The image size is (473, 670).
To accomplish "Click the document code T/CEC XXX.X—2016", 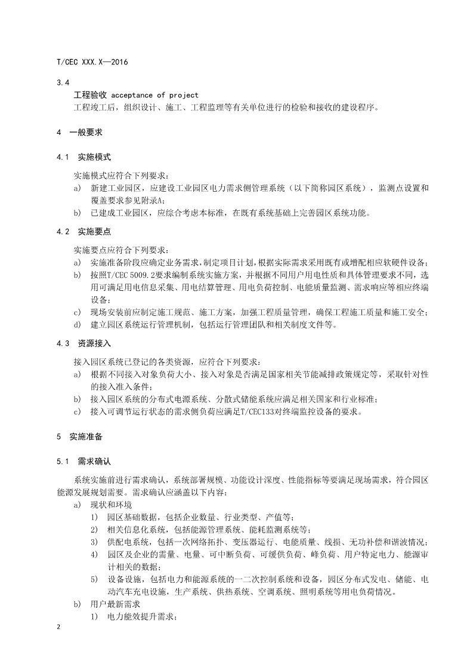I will (x=92, y=62).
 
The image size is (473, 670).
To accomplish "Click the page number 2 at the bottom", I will (x=58, y=627).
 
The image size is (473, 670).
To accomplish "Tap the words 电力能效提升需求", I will (x=140, y=616).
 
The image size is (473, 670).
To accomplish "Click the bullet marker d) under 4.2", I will (x=78, y=325).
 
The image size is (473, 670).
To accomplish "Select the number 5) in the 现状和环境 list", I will (x=94, y=580).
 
